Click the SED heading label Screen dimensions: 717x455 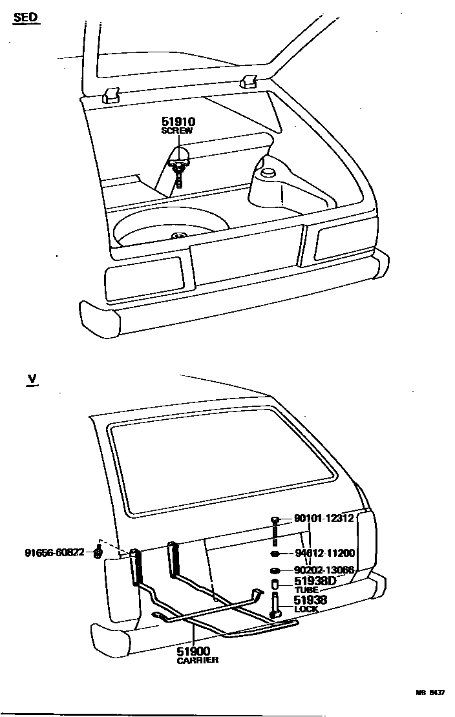(25, 18)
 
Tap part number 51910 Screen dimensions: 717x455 (178, 121)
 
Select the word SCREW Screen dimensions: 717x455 (177, 130)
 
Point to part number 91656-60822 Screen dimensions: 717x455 (55, 553)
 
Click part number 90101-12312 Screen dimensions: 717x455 (324, 518)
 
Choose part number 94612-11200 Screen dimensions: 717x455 (325, 553)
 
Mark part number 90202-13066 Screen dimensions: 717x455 (324, 570)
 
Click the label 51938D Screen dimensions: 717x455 (315, 581)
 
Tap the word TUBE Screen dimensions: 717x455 (306, 590)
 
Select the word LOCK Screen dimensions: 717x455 (306, 609)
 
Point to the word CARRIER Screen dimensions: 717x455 (198, 660)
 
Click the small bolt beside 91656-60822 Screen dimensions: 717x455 (98, 553)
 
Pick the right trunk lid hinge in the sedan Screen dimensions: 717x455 (249, 81)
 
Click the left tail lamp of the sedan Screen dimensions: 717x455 (143, 279)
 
